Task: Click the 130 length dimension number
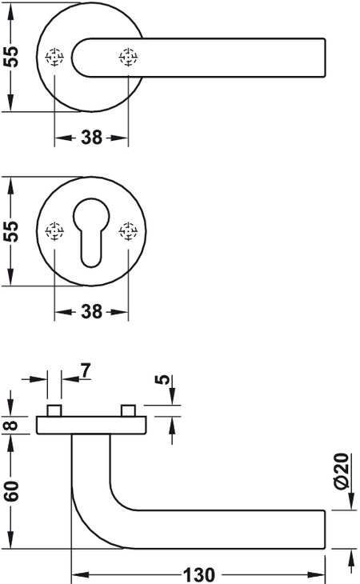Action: pos(199,574)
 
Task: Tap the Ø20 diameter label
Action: pos(342,470)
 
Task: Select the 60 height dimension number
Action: pos(10,491)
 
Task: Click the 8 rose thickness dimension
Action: pos(10,425)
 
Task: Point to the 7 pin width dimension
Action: pos(86,370)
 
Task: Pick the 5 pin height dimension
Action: pos(162,379)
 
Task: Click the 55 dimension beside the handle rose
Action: pos(10,57)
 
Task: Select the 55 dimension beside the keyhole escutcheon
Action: pos(10,231)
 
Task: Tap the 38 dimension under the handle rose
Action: pos(91,138)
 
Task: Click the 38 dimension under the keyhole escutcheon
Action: pos(91,311)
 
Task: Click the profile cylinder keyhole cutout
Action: pos(91,232)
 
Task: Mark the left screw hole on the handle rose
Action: pos(54,57)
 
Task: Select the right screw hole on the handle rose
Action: pos(128,57)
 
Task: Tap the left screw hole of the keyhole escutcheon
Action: pos(54,231)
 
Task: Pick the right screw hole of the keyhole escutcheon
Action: pos(128,231)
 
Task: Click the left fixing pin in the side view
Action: pos(54,410)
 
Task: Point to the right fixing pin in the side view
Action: pos(129,410)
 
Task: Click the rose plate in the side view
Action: pos(91,426)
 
